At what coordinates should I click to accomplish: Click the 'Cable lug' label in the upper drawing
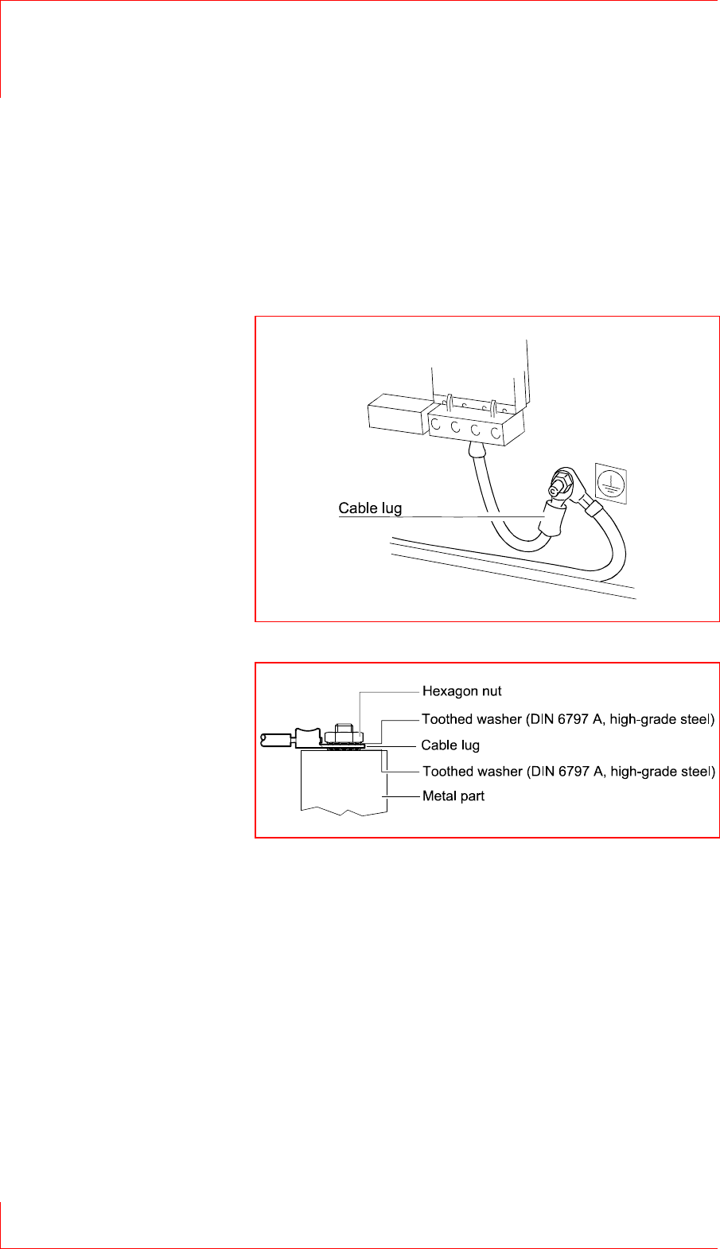(370, 508)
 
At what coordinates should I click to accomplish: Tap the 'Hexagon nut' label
(461, 691)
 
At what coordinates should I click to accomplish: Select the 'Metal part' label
(453, 796)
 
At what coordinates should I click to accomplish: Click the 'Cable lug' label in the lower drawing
(450, 745)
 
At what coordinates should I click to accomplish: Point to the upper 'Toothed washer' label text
(568, 719)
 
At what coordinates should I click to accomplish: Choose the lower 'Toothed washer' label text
(568, 771)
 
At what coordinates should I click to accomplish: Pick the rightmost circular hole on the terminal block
(495, 434)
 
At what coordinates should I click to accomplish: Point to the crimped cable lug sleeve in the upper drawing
(551, 519)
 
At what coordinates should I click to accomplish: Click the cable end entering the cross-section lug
(274, 740)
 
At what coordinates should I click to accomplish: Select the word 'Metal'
(438, 796)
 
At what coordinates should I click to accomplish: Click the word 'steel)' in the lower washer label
(697, 771)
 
